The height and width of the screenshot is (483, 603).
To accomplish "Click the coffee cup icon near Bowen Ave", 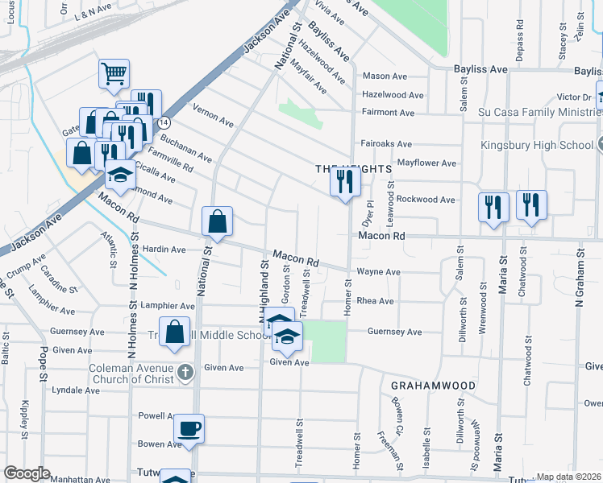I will click(x=189, y=427).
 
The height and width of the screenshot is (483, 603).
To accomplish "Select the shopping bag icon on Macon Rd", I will click(x=218, y=221).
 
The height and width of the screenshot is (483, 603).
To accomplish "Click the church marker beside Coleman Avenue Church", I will click(x=186, y=371).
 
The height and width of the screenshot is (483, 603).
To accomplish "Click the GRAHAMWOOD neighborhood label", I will click(x=433, y=386).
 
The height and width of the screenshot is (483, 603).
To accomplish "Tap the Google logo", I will click(x=27, y=473).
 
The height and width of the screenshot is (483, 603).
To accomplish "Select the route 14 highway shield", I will click(x=164, y=122).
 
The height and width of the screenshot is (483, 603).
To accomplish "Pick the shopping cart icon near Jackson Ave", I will click(x=114, y=73).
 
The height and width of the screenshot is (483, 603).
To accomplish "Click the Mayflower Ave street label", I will click(x=426, y=163).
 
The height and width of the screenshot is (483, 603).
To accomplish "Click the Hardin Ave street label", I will click(x=166, y=250).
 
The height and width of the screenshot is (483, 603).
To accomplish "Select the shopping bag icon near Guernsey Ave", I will click(x=174, y=332).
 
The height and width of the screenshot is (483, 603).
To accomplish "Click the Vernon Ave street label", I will click(x=213, y=114).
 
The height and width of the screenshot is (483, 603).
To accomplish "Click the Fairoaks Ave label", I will click(x=386, y=144).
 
